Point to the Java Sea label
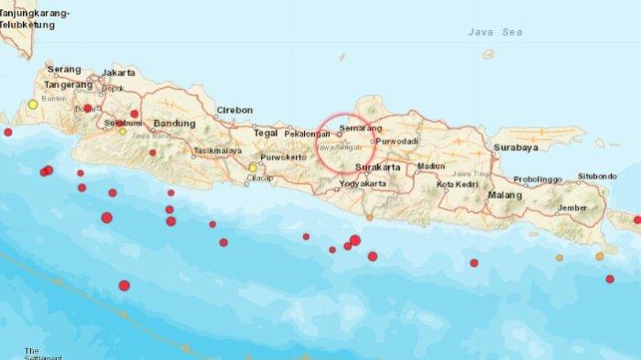tap(492, 32)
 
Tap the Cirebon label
tap(234, 110)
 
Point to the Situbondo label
tap(599, 176)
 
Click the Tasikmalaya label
tap(217, 149)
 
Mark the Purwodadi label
tap(398, 141)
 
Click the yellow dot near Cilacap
tap(253, 167)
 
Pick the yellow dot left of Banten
tap(33, 104)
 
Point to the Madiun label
tap(430, 166)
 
